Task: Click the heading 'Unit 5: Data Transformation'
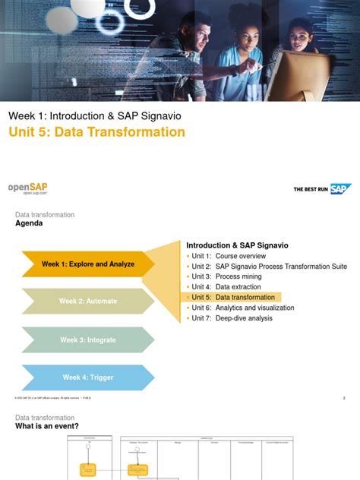96,132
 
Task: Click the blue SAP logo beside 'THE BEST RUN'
339,189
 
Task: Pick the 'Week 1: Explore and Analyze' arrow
87,264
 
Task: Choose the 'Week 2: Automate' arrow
87,302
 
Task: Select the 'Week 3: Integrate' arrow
87,339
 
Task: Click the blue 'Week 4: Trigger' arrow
87,377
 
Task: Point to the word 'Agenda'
30,224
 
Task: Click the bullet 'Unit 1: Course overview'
229,256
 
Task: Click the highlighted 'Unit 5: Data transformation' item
232,298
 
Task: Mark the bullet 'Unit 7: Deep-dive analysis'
232,318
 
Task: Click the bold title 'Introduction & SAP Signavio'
237,245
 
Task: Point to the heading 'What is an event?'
47,427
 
